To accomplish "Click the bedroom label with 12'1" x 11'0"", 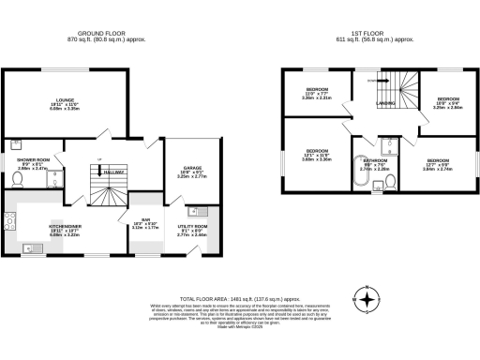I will pyautogui.click(x=316, y=151).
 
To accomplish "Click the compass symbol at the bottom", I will pyautogui.click(x=369, y=301).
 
